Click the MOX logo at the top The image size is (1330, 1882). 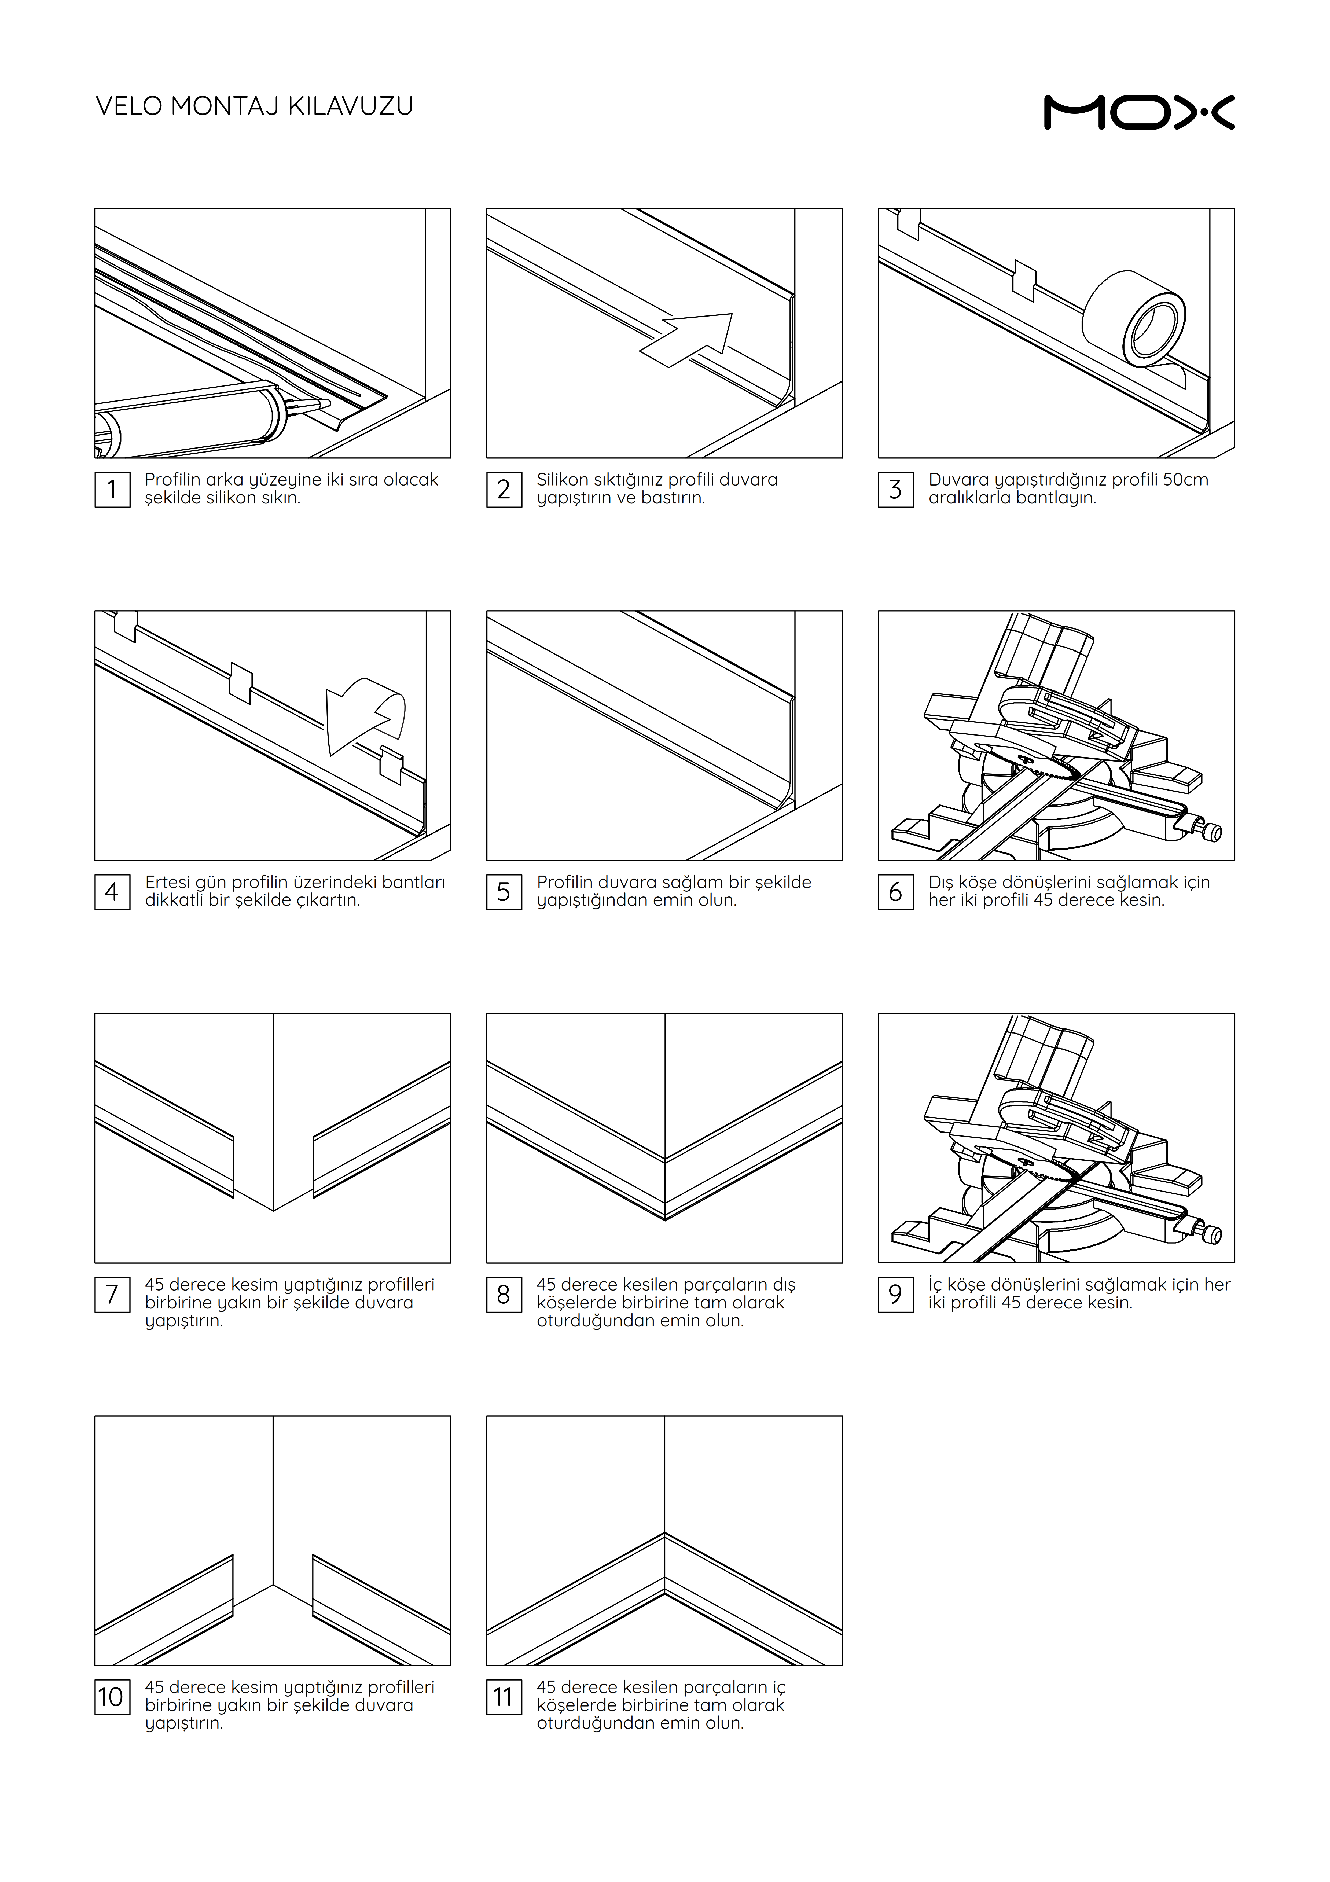click(x=1139, y=112)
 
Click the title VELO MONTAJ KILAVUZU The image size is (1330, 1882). click(x=255, y=106)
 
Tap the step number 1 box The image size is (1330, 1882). click(x=112, y=489)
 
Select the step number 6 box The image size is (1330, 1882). click(x=896, y=892)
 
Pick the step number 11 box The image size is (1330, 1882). click(x=504, y=1697)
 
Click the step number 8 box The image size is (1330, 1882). click(x=504, y=1294)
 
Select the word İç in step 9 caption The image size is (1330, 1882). click(x=936, y=1285)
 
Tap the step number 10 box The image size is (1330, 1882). click(x=112, y=1697)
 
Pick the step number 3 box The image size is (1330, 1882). click(x=896, y=489)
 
